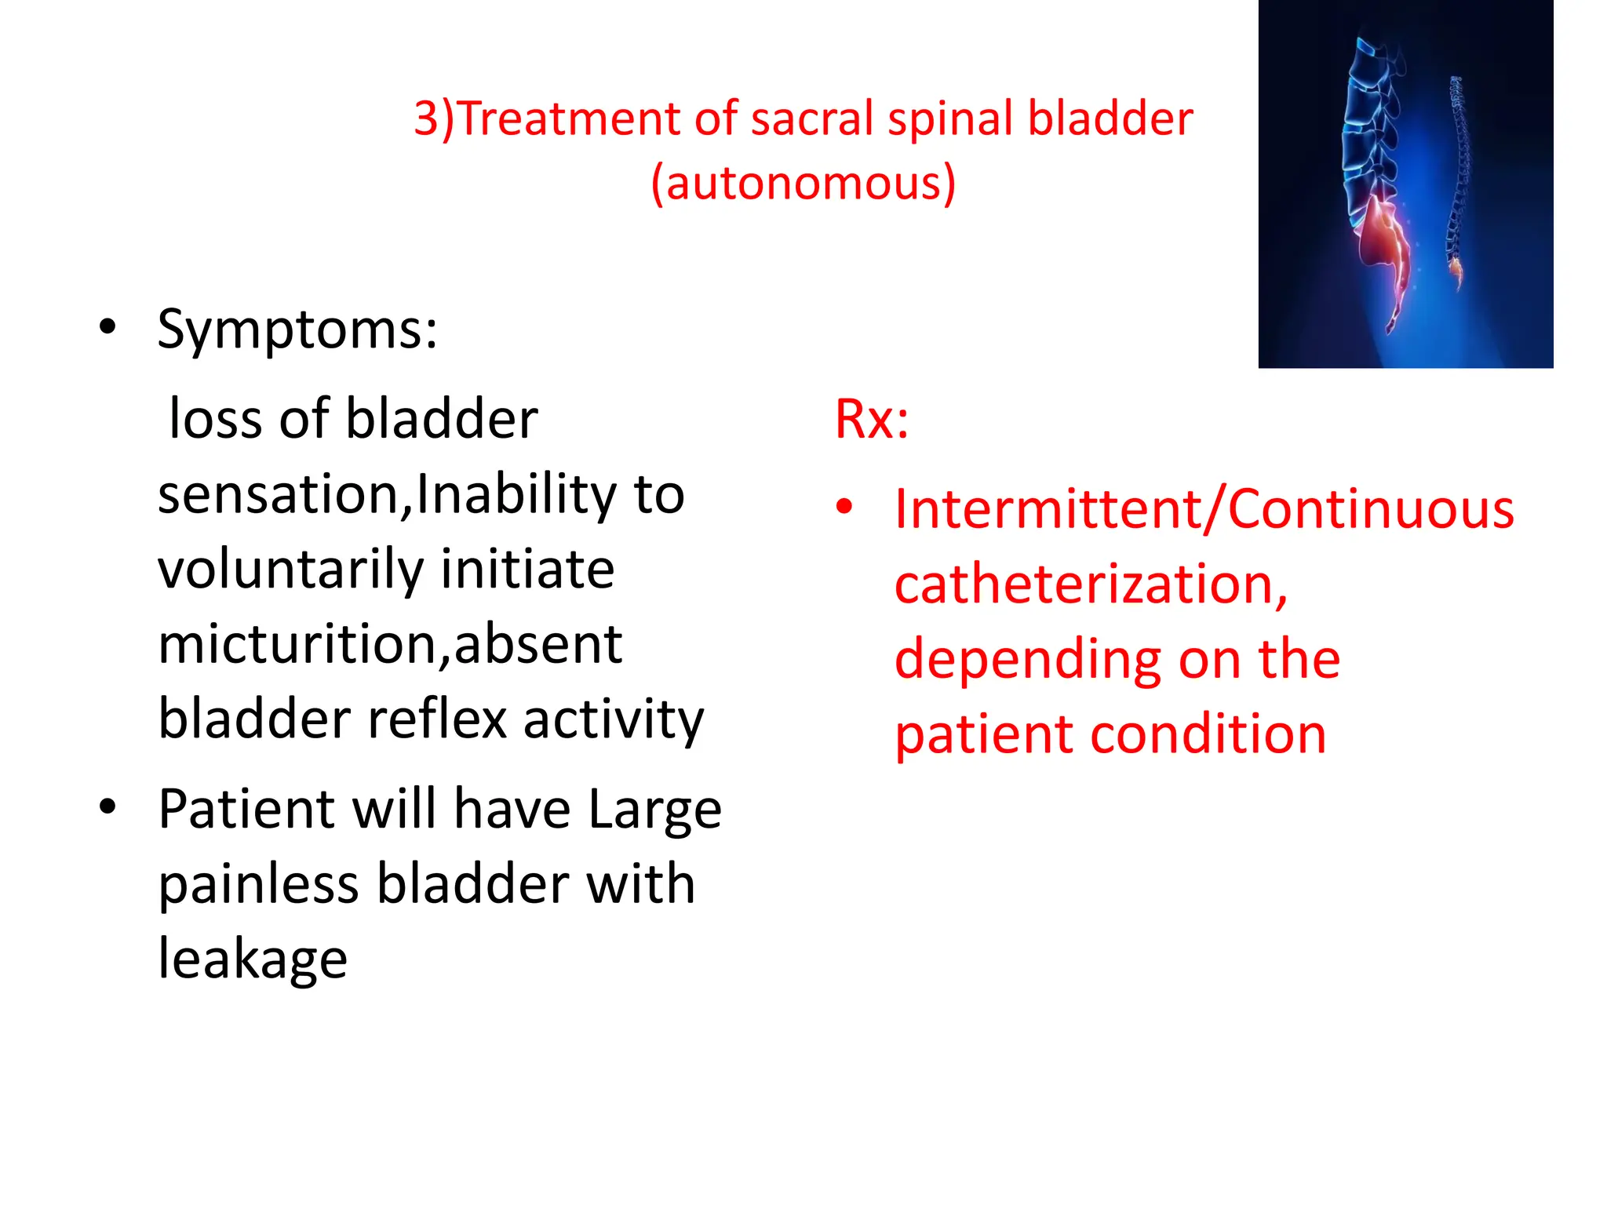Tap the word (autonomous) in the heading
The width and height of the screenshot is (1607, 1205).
[803, 184]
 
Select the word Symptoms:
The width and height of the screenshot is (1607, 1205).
[297, 329]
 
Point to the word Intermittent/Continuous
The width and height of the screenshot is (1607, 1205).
[1204, 510]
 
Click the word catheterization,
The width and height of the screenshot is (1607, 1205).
[1091, 585]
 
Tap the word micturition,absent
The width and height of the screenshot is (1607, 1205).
[390, 645]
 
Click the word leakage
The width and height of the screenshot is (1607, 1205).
[253, 959]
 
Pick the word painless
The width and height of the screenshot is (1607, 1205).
[259, 885]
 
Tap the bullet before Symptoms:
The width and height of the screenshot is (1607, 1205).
[107, 327]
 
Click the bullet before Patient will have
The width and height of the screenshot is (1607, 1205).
[107, 807]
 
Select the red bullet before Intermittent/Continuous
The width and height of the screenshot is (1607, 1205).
[844, 508]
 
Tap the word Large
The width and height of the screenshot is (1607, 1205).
[654, 810]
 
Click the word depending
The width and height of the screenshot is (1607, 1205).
[1029, 660]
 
